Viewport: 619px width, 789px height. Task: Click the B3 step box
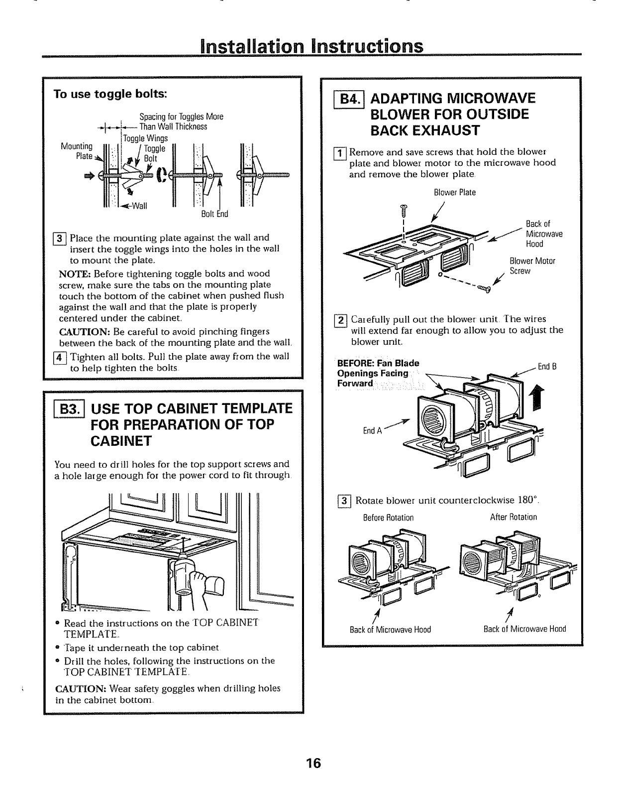click(72, 411)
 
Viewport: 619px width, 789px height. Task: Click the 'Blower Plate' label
click(455, 192)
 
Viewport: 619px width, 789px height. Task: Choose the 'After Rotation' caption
click(514, 517)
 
